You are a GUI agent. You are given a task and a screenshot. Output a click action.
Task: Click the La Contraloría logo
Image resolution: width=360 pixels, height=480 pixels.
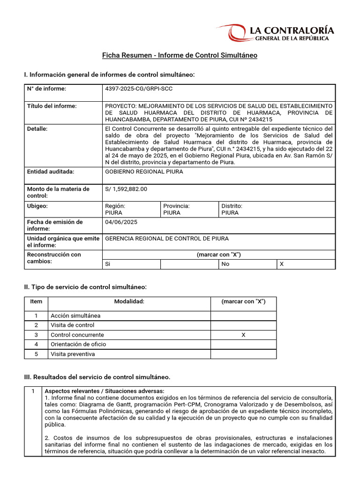(281, 33)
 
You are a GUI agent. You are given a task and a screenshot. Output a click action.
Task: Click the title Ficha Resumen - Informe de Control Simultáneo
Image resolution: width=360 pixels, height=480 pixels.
(180, 55)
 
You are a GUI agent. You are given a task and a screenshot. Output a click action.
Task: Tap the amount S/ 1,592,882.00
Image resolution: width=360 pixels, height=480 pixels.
(126, 189)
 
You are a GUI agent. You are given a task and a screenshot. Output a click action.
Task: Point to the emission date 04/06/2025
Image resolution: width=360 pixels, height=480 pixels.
(121, 222)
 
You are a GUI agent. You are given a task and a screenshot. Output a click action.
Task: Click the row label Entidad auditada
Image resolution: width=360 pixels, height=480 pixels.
(51, 172)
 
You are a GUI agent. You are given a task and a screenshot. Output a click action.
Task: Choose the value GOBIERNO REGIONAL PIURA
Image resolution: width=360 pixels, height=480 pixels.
(144, 172)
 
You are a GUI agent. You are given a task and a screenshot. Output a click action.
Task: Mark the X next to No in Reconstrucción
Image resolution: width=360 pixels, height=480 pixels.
(281, 264)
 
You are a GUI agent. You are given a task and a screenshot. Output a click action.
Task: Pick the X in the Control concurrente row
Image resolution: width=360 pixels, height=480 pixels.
(243, 335)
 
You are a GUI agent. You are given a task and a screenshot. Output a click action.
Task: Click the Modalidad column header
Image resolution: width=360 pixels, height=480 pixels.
(129, 301)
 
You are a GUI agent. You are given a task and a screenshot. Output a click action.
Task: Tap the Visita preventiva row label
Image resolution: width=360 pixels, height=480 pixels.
(73, 354)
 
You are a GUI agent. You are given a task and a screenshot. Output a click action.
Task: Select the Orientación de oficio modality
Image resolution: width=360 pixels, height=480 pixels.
(78, 344)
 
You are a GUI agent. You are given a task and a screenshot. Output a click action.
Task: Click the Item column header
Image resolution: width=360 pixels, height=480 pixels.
(36, 301)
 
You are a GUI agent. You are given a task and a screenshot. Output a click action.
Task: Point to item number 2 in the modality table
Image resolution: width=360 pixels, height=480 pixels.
(36, 325)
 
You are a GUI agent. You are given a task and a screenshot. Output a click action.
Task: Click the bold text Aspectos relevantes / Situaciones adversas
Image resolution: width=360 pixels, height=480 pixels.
(105, 390)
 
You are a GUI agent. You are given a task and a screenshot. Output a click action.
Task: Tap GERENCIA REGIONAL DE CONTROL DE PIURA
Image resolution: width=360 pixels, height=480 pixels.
(167, 239)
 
